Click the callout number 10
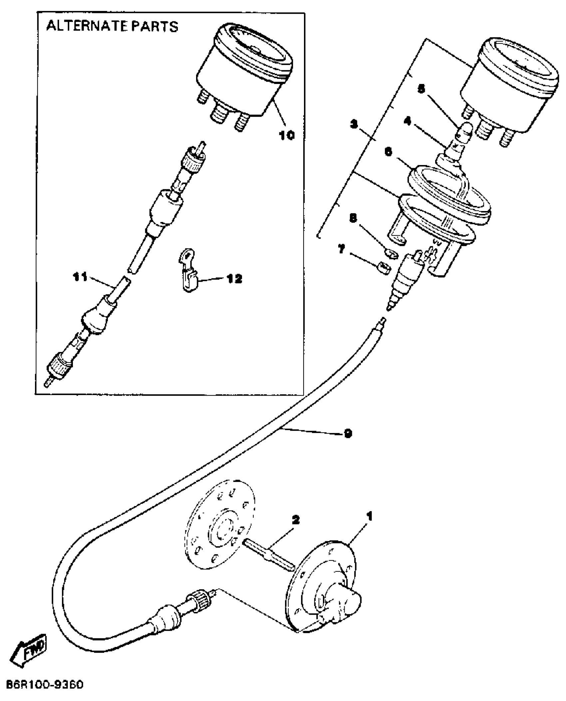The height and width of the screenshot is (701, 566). coord(286,135)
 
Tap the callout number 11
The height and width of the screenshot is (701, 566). coord(81,277)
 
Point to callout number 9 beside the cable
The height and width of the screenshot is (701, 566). coord(348,434)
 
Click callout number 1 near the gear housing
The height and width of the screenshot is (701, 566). coord(369,516)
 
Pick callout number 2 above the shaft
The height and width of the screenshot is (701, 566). coord(295,519)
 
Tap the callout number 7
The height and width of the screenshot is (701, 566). coord(342,249)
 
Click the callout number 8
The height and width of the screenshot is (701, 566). coord(353,218)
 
